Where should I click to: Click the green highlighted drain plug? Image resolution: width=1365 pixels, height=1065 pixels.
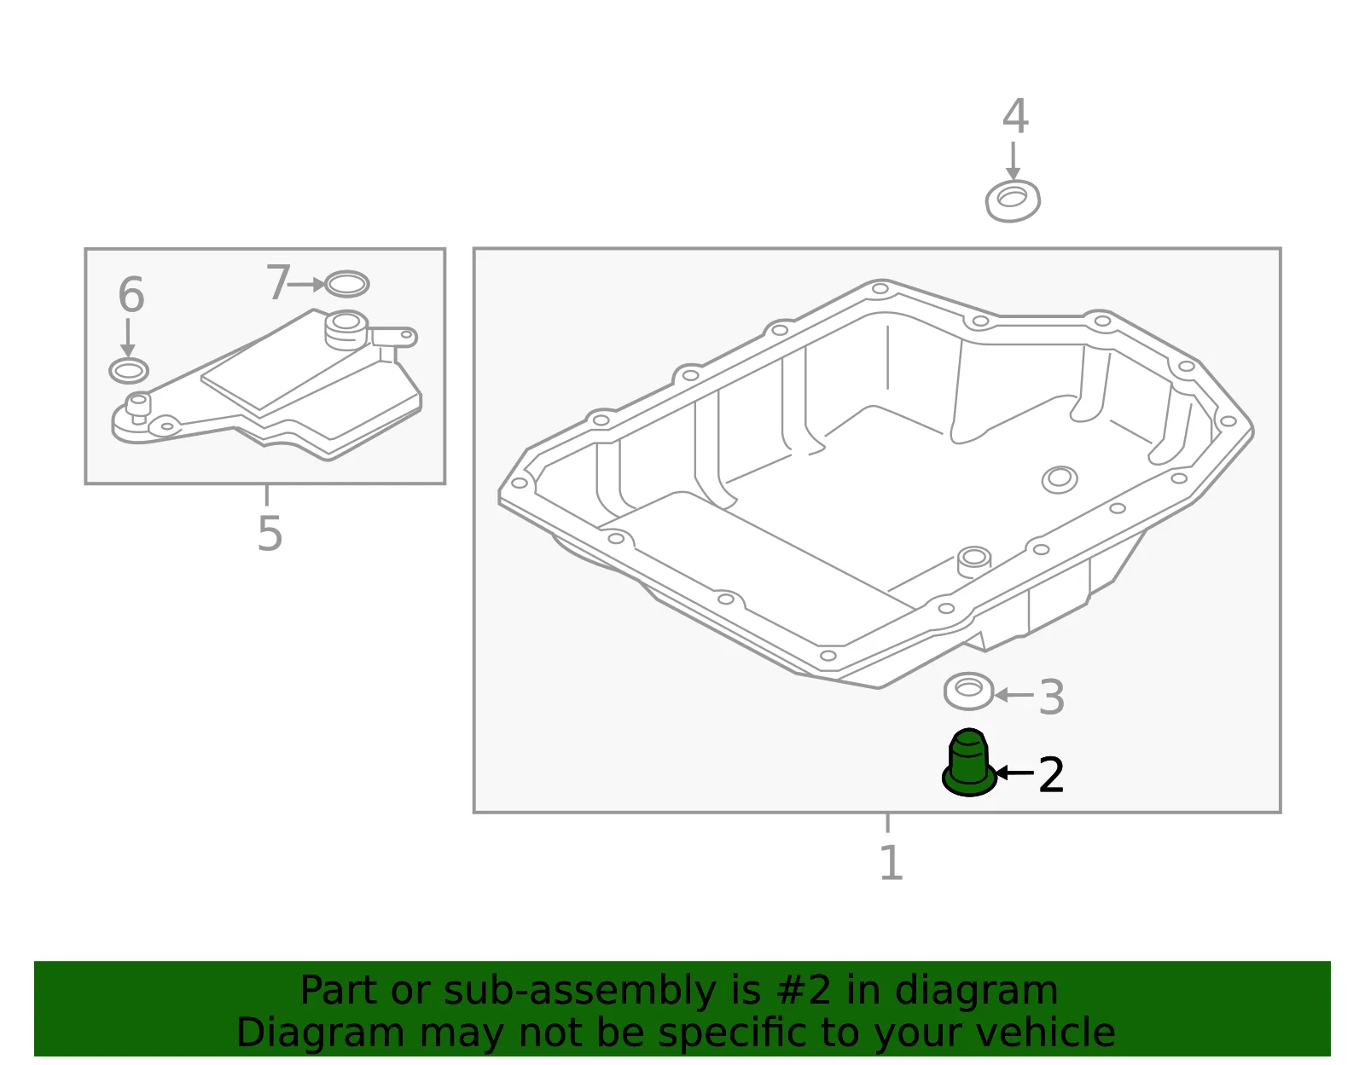point(968,764)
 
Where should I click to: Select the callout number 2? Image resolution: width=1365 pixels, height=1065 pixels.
point(1052,775)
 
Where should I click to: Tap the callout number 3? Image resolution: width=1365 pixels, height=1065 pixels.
point(1052,697)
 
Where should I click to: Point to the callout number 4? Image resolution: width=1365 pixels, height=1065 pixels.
point(1015,116)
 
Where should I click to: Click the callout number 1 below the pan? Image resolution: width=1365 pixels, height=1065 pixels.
point(892,863)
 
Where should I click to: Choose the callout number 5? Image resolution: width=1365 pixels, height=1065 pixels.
point(270,534)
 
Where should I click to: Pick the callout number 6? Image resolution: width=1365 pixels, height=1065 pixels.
point(131,294)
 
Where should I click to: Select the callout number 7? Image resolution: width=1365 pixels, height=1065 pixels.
point(277,281)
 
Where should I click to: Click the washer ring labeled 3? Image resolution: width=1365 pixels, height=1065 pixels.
point(968,691)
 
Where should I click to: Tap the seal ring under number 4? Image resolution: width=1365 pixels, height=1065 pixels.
point(1013,201)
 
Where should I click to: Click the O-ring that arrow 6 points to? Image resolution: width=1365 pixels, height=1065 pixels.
point(129,371)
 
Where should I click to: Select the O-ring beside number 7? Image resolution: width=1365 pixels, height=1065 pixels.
point(346,284)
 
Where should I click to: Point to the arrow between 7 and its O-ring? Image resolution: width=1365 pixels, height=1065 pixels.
point(306,284)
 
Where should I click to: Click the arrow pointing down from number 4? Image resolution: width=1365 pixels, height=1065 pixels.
point(1013,161)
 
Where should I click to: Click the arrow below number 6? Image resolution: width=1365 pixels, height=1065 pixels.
point(128,339)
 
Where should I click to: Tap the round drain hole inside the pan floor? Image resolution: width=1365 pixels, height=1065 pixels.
point(1059,480)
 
